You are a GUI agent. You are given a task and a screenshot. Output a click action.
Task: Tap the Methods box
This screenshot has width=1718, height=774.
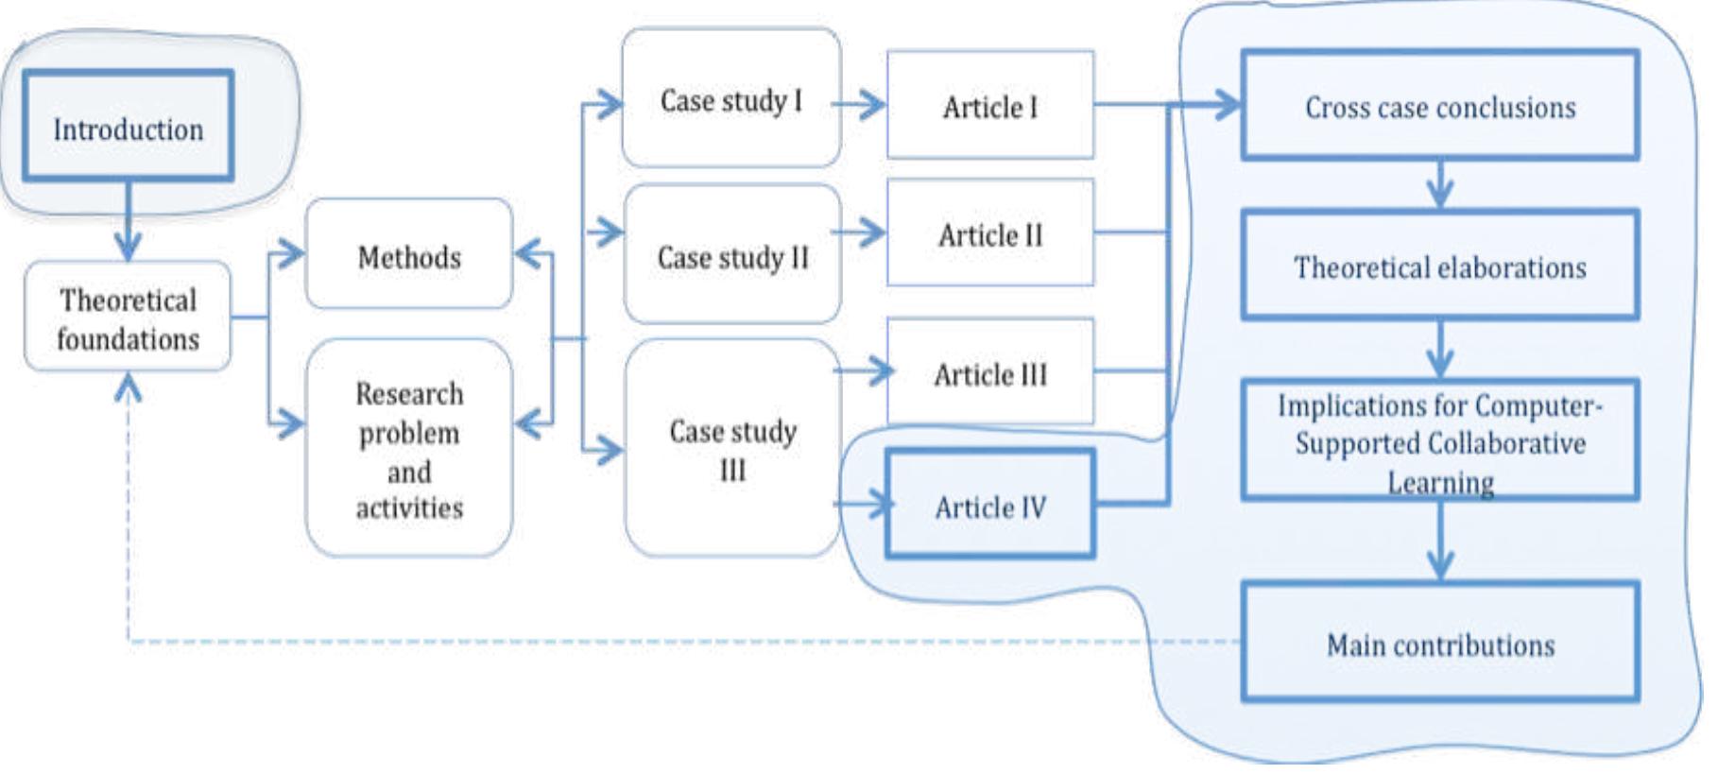[409, 255]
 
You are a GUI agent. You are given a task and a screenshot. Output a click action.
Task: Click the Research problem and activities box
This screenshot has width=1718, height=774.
[409, 448]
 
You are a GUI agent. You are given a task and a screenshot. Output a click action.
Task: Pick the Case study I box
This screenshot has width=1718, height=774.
[730, 99]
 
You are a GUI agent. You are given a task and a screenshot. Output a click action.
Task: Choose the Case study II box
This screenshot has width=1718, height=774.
[732, 255]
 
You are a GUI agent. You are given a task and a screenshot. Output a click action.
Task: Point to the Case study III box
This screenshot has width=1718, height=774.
[732, 448]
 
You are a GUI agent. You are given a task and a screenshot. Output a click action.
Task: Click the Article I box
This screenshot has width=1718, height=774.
[989, 106]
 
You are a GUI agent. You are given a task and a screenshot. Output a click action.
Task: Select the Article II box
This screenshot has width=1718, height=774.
[989, 233]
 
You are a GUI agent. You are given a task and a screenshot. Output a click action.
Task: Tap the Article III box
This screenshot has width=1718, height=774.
[989, 373]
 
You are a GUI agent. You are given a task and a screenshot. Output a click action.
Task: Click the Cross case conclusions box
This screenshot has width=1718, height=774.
[1439, 106]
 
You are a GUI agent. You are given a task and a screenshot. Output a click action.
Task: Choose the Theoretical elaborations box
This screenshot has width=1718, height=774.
[1439, 267]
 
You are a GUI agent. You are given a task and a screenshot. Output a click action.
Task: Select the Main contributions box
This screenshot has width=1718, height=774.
[1439, 644]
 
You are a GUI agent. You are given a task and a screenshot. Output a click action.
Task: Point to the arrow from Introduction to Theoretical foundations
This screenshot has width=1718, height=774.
[128, 223]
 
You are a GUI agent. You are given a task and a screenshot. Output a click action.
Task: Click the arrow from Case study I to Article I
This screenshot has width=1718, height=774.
[860, 103]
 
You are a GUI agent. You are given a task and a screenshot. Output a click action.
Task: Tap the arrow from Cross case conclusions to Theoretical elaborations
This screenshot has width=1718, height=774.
[1439, 185]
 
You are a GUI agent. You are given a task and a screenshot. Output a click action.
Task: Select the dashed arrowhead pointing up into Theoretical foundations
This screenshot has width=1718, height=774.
[128, 387]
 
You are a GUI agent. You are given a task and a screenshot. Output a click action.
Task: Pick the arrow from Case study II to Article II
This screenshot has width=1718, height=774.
[860, 232]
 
